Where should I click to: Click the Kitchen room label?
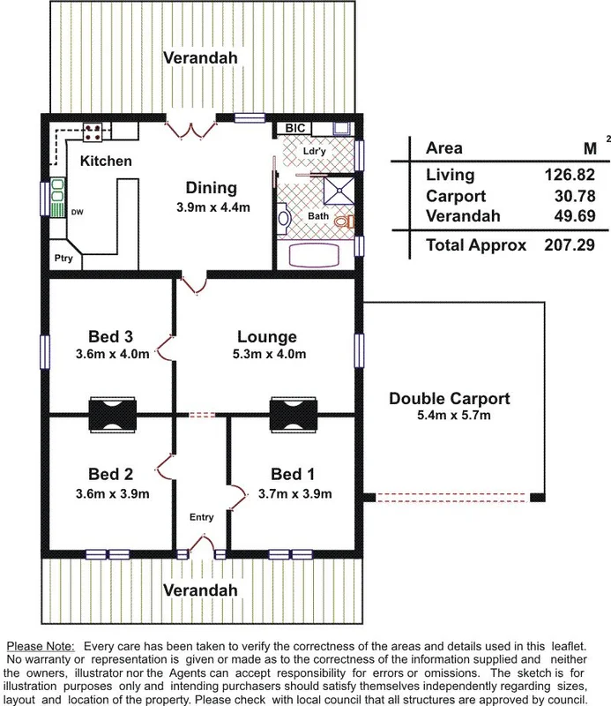point(106,161)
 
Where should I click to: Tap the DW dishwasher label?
point(77,211)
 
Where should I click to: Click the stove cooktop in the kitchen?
point(93,132)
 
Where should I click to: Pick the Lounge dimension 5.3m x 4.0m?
point(266,355)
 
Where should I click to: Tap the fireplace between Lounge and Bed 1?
point(292,413)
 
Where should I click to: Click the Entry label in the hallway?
point(202,517)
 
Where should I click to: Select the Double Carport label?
point(450,399)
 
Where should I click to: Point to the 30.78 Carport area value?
point(570,195)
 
